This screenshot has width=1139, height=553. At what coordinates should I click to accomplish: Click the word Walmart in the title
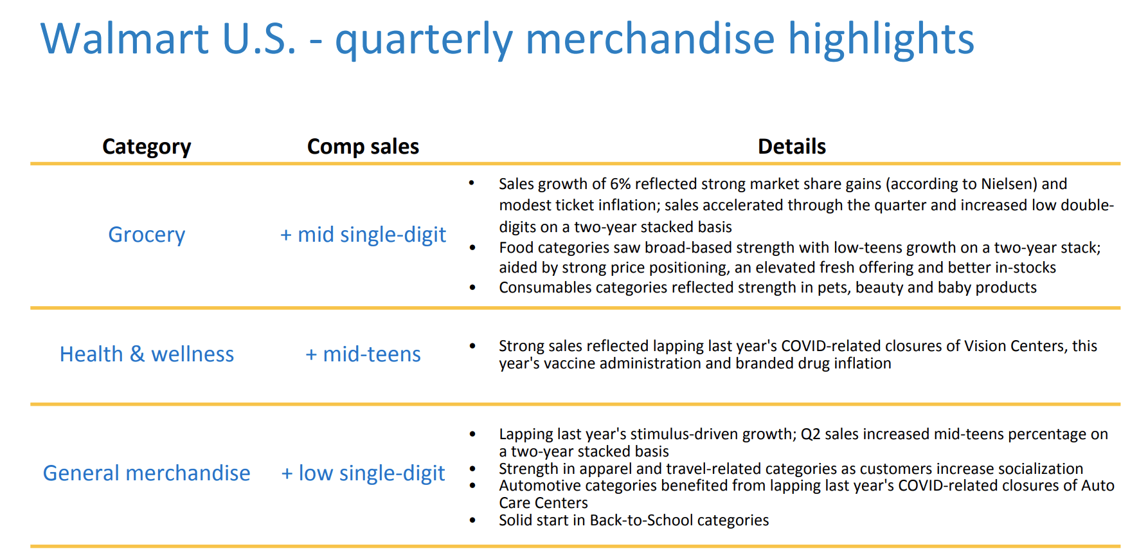click(x=124, y=39)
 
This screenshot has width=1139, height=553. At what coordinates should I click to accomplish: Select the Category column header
click(x=147, y=147)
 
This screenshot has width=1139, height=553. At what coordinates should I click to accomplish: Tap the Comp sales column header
click(x=363, y=147)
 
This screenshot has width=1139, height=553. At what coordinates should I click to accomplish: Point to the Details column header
click(x=792, y=147)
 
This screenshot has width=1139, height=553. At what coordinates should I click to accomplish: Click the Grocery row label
click(x=147, y=235)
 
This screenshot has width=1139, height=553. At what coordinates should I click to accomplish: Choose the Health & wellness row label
click(x=147, y=354)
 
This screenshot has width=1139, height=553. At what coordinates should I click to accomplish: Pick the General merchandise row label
click(x=147, y=473)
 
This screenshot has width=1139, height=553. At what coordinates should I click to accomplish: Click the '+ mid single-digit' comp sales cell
click(x=363, y=235)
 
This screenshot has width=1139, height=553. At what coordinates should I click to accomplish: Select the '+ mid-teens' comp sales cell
click(x=363, y=354)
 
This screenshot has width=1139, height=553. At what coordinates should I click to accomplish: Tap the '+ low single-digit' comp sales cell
click(x=363, y=473)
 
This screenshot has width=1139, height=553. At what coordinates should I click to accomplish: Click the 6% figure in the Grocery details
click(x=620, y=185)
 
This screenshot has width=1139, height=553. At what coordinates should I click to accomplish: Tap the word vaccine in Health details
click(x=567, y=364)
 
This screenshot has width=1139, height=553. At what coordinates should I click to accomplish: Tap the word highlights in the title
click(x=881, y=39)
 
